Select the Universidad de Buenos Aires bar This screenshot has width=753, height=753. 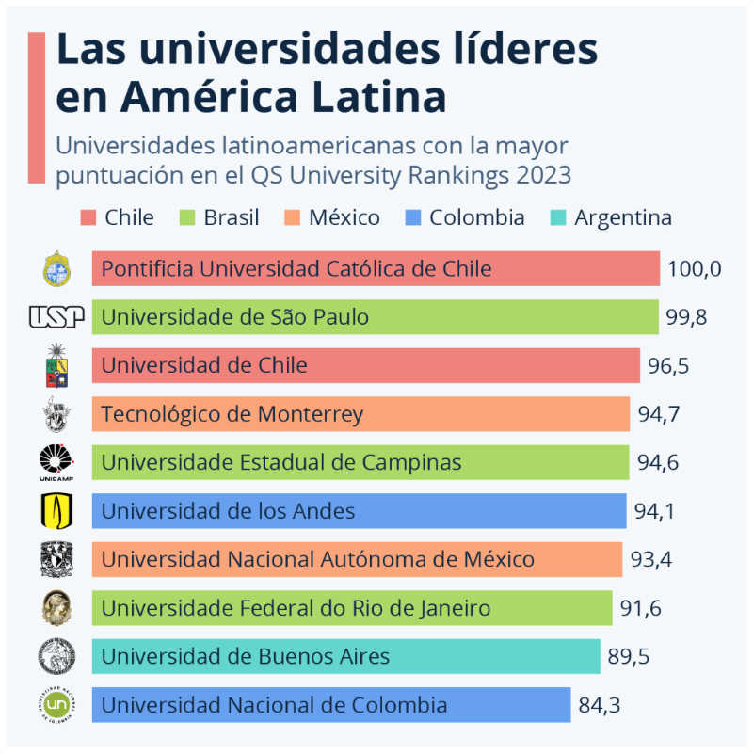(345, 656)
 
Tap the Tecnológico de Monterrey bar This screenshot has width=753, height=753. (360, 414)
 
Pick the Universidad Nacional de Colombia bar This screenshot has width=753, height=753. (331, 704)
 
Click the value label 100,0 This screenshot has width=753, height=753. (694, 269)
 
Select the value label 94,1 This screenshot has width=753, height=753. (660, 511)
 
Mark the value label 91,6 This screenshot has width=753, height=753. (647, 608)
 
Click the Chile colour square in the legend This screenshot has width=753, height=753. (88, 218)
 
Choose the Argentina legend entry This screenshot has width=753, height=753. (612, 218)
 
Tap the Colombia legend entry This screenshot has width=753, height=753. (465, 218)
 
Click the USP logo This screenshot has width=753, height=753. (56, 317)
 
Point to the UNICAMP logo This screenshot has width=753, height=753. (56, 462)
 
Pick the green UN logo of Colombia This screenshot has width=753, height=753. (56, 704)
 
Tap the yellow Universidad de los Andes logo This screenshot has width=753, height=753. (56, 511)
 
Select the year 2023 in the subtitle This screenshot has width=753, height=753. (537, 175)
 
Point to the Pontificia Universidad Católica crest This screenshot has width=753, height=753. (56, 269)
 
